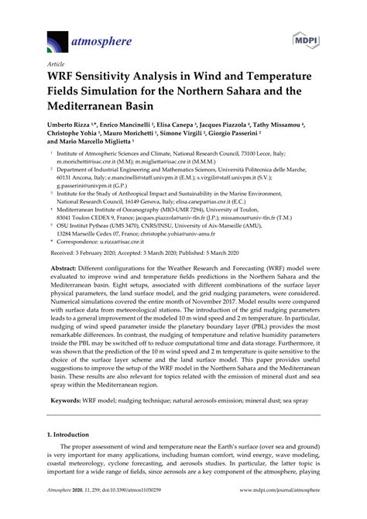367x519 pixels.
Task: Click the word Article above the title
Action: (x=56, y=64)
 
